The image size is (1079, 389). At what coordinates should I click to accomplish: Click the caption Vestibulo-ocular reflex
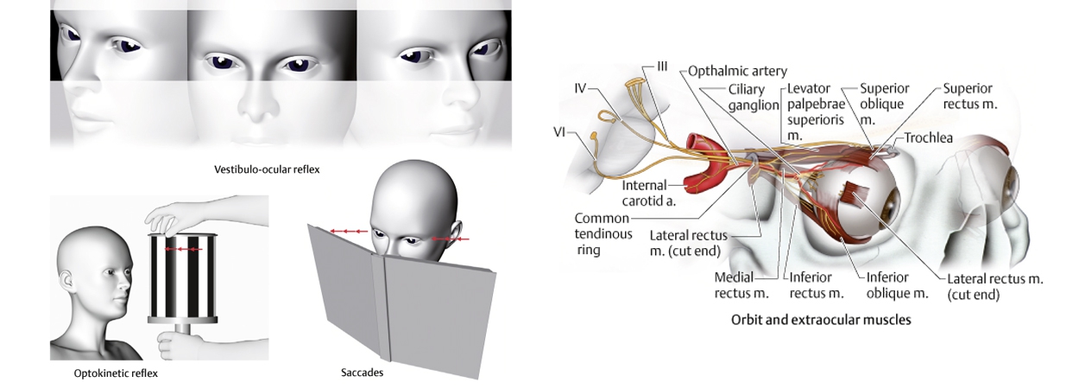pos(266,169)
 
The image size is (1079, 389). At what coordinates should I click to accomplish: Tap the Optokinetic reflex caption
pos(116,373)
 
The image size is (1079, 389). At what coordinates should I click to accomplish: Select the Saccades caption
pos(362,373)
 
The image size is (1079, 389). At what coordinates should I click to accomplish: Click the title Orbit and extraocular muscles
pos(821,320)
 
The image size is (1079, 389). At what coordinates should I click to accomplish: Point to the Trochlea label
pos(928,138)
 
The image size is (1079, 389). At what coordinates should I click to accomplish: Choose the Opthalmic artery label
pos(737,72)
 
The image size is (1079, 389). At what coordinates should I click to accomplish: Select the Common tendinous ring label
pos(603,233)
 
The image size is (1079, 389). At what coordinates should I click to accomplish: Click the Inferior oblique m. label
pos(898,285)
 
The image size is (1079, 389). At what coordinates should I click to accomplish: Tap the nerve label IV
pos(581,88)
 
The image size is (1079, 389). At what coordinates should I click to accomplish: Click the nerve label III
pos(661,66)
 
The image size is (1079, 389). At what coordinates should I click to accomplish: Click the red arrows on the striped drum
pos(183,249)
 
